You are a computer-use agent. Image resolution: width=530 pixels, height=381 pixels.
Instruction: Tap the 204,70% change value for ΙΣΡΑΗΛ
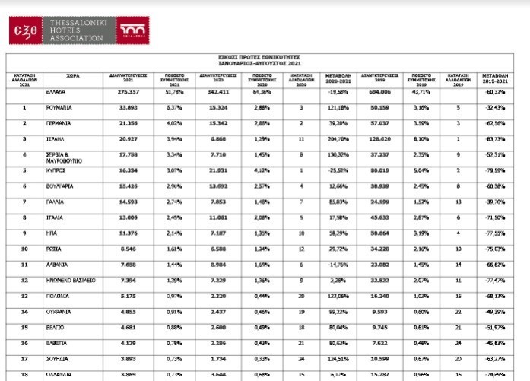[x=338, y=139]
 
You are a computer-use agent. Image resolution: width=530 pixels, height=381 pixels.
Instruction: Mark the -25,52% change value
[x=338, y=173]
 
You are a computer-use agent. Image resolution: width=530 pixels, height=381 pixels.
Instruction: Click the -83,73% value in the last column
[x=497, y=139]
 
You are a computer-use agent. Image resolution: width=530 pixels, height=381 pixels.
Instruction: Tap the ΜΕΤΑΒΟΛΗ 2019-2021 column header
[x=497, y=78]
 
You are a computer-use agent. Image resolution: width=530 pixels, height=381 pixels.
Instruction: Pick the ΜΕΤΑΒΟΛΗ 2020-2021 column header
[x=338, y=78]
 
